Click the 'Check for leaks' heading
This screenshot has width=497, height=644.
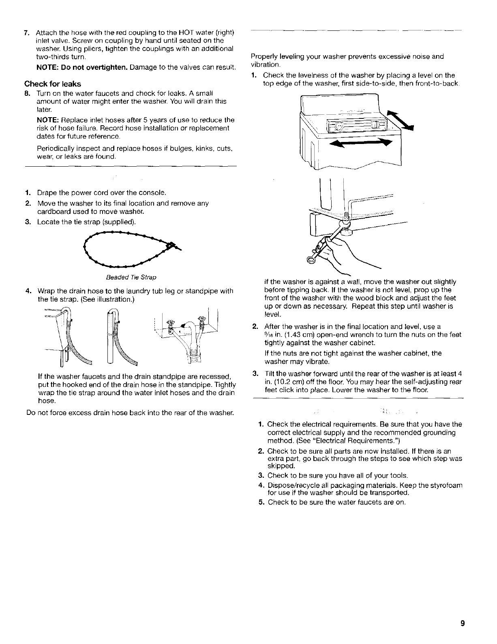[53, 84]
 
